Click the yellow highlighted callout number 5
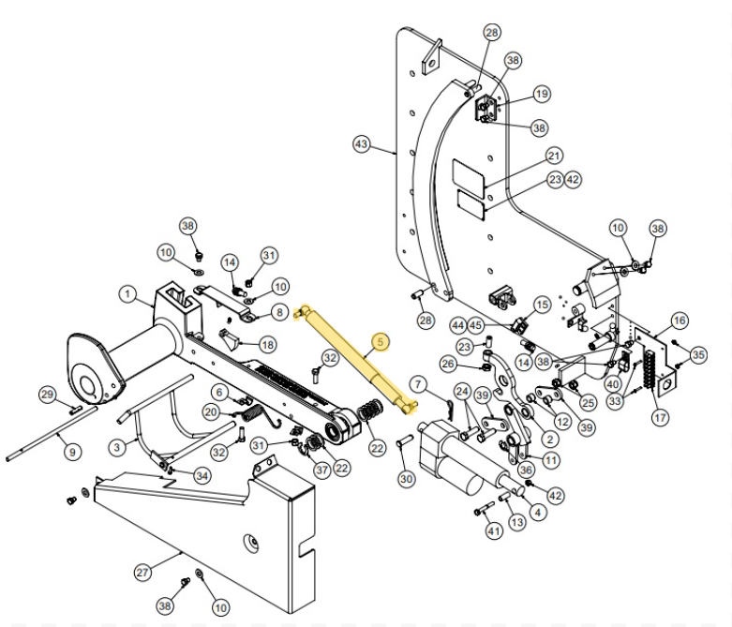tap(380, 342)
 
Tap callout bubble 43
tap(363, 144)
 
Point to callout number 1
tap(128, 294)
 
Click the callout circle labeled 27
tap(142, 572)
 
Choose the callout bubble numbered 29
tap(47, 395)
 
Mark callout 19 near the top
tap(542, 94)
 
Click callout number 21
tap(554, 156)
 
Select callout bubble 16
tap(680, 321)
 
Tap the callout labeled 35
tap(698, 354)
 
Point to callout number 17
tap(661, 417)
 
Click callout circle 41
tap(494, 531)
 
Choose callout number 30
tap(406, 479)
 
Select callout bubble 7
tap(419, 383)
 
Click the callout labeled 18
tap(268, 345)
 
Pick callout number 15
tap(542, 306)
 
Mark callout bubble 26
tap(448, 364)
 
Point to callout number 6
tap(219, 392)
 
